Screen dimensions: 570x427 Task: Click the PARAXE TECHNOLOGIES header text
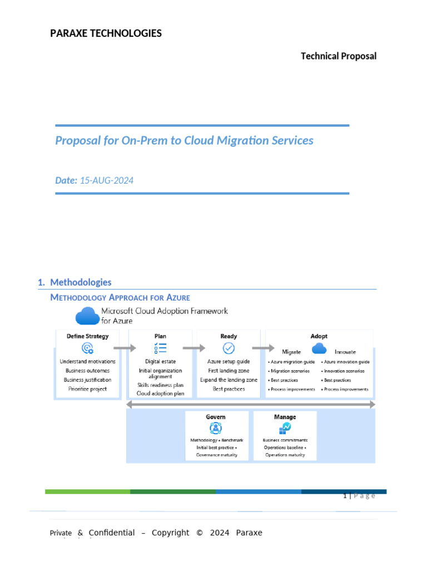pos(106,33)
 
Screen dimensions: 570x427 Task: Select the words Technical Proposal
pos(339,56)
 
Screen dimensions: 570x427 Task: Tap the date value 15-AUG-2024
pos(107,180)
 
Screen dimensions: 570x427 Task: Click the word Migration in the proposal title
pos(228,140)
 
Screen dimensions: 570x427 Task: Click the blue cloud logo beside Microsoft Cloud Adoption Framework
pos(87,315)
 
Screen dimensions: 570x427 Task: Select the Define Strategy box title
pos(88,336)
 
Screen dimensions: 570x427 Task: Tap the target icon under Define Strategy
pos(87,348)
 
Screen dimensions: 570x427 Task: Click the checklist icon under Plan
pos(160,348)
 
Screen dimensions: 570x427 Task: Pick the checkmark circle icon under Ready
pos(229,348)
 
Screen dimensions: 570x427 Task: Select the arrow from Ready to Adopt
pos(263,348)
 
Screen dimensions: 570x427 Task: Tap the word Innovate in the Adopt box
pos(345,352)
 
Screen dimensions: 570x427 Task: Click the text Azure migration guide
pos(292,362)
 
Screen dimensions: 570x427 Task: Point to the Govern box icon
pos(215,428)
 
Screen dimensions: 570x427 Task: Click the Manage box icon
pos(285,428)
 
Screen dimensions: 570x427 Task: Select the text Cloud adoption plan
pos(160,394)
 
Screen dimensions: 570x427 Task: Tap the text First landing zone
pos(229,371)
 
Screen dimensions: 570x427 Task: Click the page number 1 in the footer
pos(345,496)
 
